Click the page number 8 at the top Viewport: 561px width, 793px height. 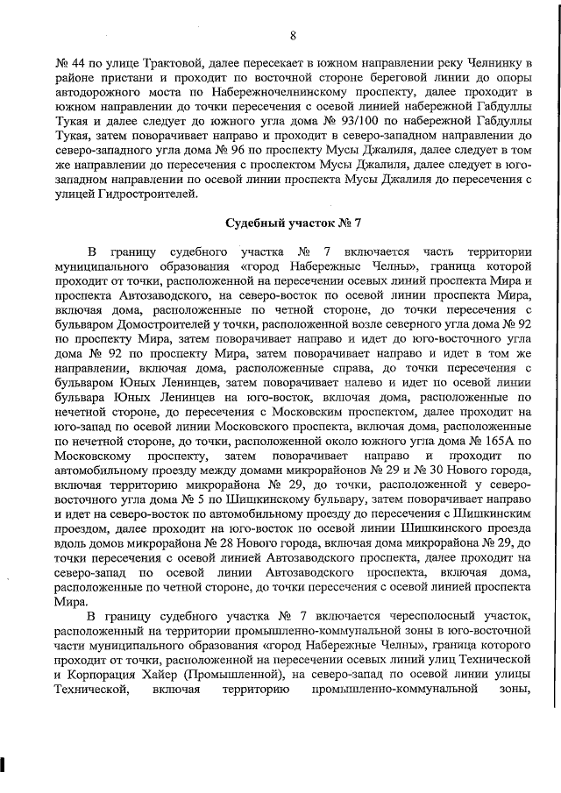[x=292, y=36]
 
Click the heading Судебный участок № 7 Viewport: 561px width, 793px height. [x=292, y=223]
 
